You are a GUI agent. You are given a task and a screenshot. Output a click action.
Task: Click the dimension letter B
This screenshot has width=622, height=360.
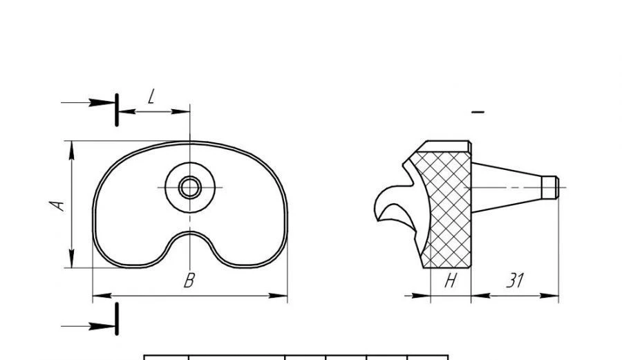point(189,281)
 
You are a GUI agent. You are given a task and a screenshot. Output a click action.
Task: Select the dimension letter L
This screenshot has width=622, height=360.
point(151,96)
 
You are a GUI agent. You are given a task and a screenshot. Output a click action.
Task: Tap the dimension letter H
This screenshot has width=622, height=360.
point(451,281)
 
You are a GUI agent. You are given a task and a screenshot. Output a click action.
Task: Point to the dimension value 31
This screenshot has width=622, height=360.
point(514,281)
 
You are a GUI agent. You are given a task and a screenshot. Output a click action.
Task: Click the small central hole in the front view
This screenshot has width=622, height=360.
point(189,187)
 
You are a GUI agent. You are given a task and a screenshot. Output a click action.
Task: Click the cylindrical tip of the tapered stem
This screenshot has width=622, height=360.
point(549,187)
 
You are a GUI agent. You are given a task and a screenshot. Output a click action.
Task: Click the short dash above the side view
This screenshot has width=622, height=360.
point(478,111)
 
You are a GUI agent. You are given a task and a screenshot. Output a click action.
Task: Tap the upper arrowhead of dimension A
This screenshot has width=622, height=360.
point(72,149)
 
